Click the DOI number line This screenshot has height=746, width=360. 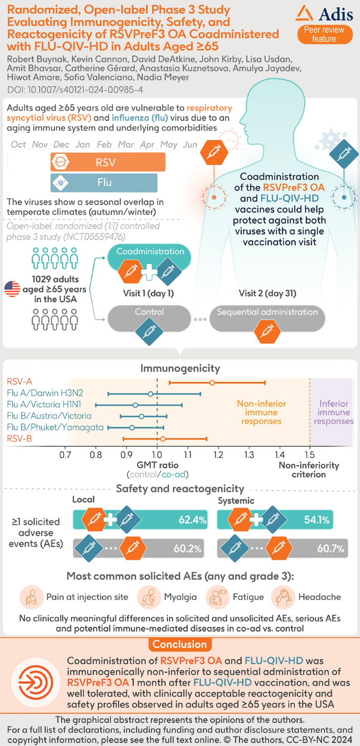[74, 89]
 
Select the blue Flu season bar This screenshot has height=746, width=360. [104, 183]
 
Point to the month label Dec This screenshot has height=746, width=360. [61, 145]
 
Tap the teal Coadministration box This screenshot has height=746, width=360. [150, 252]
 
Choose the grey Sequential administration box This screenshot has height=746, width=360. [267, 312]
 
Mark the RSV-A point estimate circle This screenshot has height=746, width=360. [212, 383]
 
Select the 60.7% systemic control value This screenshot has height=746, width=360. [331, 549]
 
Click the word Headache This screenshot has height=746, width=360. [320, 597]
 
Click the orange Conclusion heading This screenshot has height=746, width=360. [180, 645]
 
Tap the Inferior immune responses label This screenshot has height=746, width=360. [336, 413]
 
